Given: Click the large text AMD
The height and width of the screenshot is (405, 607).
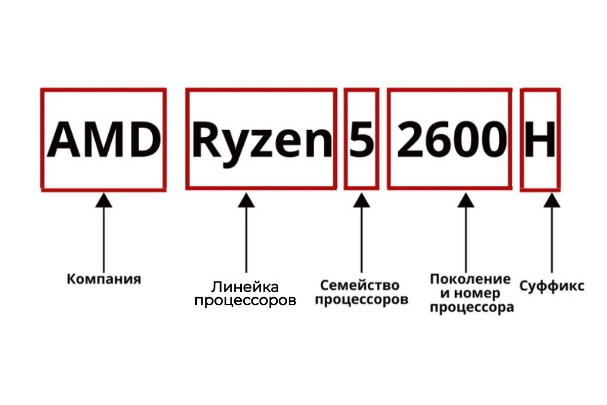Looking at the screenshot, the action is point(103,139).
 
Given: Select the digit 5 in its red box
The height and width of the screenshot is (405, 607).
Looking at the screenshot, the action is point(361,139).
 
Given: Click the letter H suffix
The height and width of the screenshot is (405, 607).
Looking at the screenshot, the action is point(540,139).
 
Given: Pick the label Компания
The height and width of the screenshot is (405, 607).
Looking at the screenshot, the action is point(104,279).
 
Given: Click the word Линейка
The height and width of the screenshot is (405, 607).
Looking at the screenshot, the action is point(245,288).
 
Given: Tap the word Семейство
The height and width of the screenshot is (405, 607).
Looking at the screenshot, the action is point(360,286).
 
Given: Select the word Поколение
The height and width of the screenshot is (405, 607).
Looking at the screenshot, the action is point(470,279).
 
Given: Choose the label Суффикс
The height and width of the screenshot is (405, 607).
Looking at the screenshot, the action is point(552,286).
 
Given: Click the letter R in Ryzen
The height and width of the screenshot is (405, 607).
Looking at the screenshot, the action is point(205,139).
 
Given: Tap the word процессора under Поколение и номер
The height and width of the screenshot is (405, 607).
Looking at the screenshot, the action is point(472,307).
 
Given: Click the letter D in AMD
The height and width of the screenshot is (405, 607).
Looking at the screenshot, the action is point(143,139).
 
